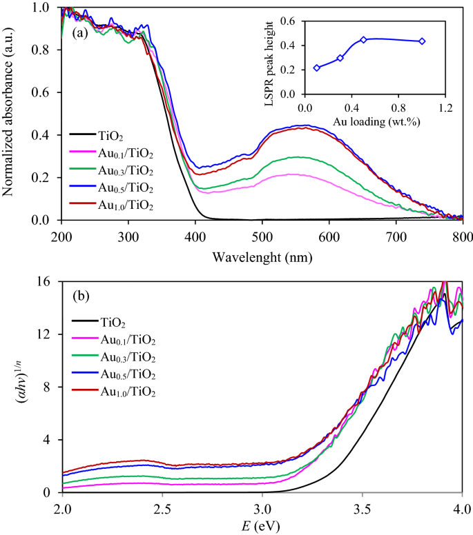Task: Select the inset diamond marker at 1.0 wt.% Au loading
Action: click(x=422, y=41)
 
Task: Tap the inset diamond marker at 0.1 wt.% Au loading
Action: click(x=317, y=68)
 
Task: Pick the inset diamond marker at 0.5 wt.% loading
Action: click(x=363, y=39)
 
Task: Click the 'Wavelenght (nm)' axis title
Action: click(x=262, y=259)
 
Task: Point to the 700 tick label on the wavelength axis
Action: click(x=396, y=236)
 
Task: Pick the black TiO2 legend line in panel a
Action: click(x=84, y=134)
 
